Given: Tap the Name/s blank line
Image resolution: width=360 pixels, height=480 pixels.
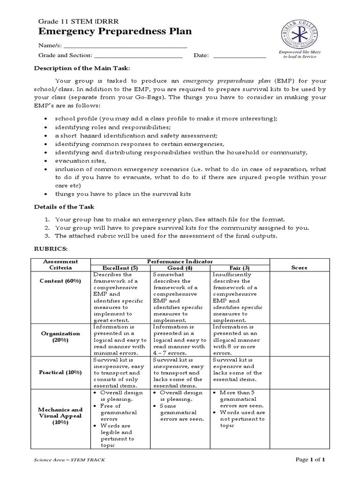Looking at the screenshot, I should tap(125, 47).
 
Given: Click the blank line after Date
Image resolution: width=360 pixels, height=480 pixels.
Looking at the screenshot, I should tap(240, 56).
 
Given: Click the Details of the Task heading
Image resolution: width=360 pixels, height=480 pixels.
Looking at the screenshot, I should tap(64, 207).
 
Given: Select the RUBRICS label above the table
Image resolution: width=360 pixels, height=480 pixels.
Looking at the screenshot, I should tap(51, 249).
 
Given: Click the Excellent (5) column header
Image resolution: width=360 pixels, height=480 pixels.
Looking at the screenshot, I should tap(120, 268).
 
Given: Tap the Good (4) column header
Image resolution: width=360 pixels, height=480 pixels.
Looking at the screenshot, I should tap(180, 268).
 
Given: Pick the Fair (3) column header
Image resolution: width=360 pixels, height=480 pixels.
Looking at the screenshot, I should tap(240, 268).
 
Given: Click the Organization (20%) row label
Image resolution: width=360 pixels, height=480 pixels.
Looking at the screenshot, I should tap(60, 337).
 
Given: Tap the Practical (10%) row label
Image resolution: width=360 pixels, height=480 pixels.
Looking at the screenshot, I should tap(60, 372).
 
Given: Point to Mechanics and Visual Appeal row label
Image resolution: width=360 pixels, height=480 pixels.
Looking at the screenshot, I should tap(60, 416).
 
